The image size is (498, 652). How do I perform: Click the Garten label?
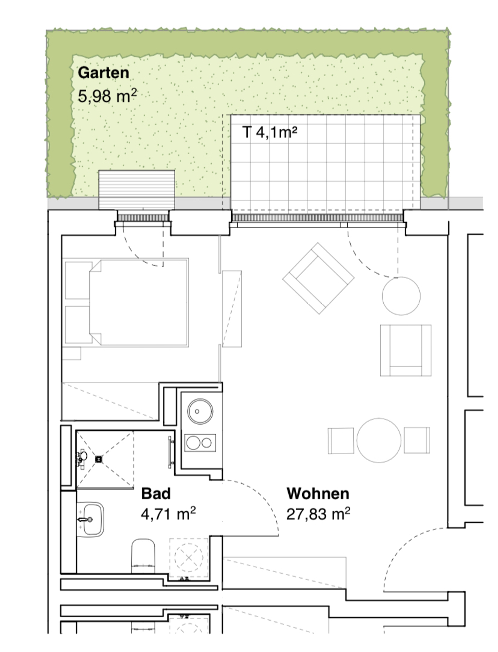(103, 73)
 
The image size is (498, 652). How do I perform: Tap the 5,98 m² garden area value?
(107, 96)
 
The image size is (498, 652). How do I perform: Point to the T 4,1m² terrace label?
(270, 132)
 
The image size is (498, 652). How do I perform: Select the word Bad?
(156, 494)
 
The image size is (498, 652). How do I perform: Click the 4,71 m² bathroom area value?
(168, 514)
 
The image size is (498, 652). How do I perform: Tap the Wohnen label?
(318, 494)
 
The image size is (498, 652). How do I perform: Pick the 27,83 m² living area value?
(318, 514)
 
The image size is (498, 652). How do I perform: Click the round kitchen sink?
(200, 411)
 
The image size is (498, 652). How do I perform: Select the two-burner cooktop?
(200, 443)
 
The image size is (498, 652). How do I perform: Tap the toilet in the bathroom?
(143, 556)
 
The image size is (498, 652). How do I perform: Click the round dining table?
(379, 440)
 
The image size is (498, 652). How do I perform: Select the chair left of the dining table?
(341, 441)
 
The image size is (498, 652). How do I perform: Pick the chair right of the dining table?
(417, 440)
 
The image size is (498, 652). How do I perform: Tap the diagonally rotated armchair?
(318, 278)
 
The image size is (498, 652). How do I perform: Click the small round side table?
(401, 296)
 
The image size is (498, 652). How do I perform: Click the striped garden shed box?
(137, 190)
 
